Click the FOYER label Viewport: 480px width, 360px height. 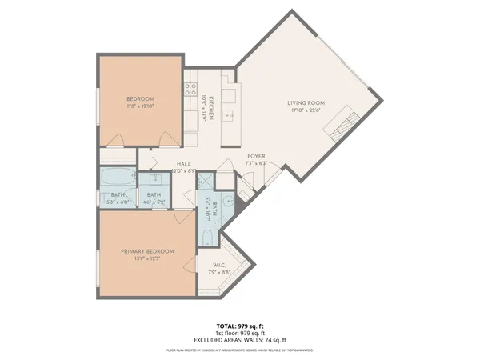(x=256, y=156)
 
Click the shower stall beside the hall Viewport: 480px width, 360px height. (x=205, y=180)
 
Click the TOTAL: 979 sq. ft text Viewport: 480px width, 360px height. (x=239, y=326)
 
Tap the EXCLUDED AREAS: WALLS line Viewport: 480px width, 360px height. (x=239, y=340)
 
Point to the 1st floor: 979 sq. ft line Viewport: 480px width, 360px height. (x=239, y=334)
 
